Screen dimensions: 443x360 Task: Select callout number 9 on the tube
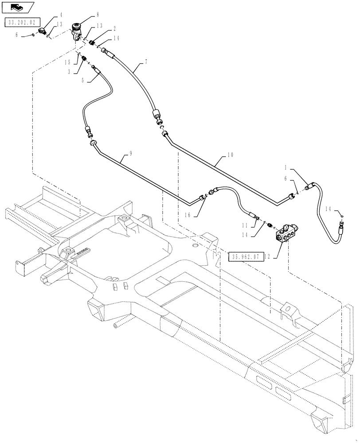pyautogui.click(x=131, y=154)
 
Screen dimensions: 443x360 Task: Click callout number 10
pyautogui.click(x=230, y=156)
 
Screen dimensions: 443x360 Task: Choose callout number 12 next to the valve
pyautogui.click(x=278, y=256)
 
